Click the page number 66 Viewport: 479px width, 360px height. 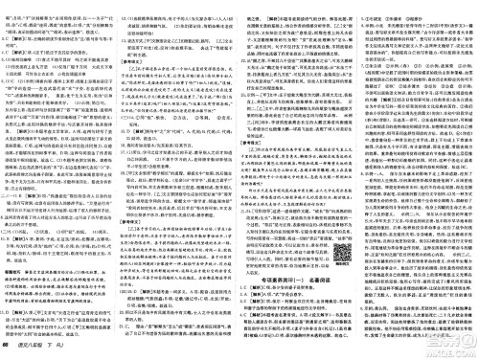[8, 351]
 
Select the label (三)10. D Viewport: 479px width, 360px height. [16, 298]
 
